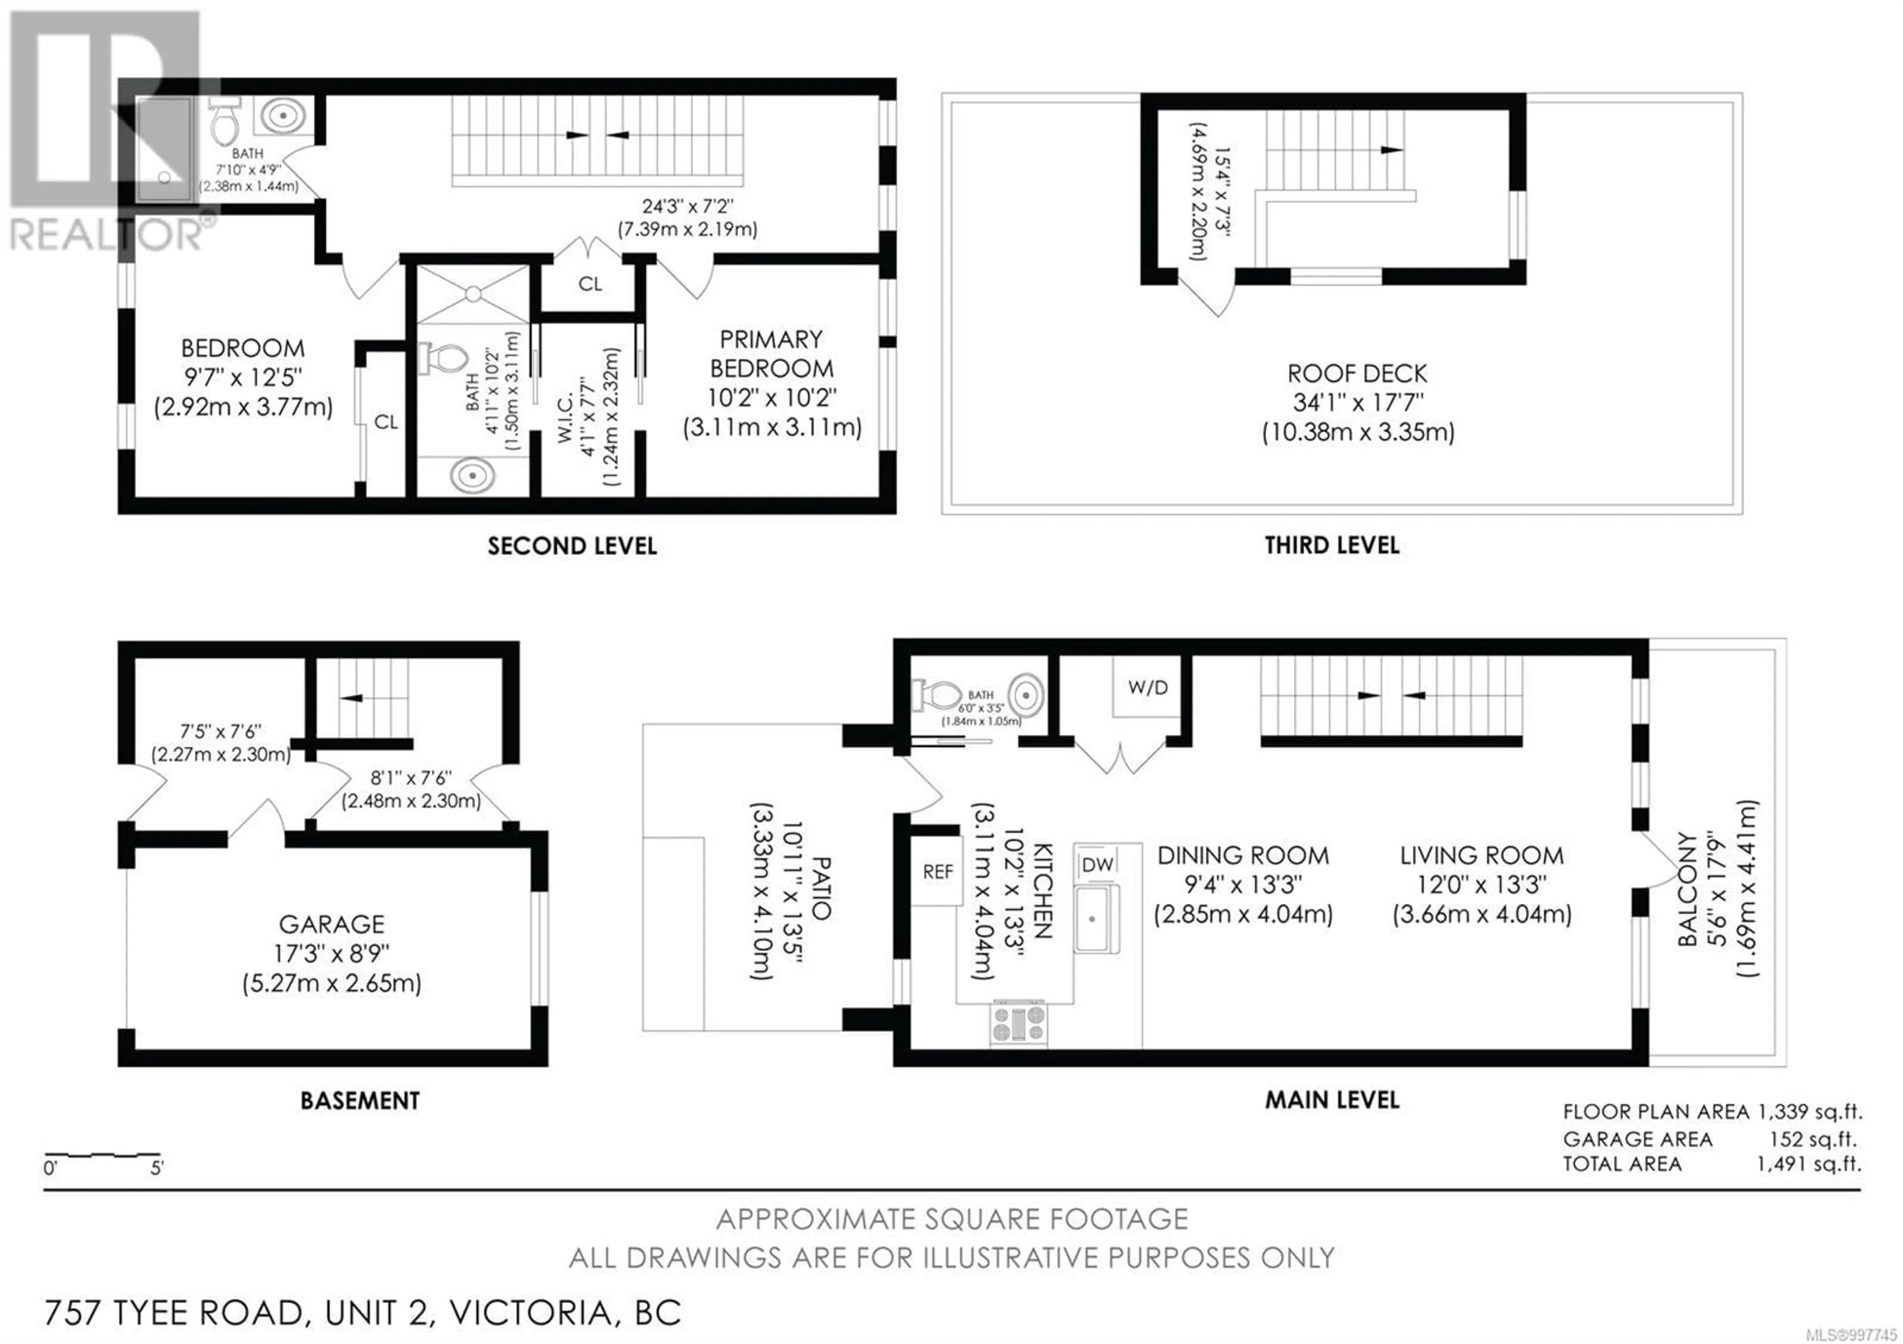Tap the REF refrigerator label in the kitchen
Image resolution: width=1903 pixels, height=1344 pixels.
coord(938,872)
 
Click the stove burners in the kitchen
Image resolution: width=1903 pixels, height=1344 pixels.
coord(1018,1023)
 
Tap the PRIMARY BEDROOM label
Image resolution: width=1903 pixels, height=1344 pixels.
coord(772,354)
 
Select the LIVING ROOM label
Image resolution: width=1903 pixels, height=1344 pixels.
coord(1482,855)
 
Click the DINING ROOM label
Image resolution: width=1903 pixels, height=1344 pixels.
coord(1243,855)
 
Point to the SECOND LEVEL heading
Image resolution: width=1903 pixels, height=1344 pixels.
coord(572,546)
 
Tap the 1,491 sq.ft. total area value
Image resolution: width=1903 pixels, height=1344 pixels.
coord(1808,1164)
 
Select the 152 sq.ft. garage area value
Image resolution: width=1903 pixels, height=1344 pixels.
coord(1813,1139)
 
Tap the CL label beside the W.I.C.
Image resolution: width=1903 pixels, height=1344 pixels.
coord(590,284)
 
